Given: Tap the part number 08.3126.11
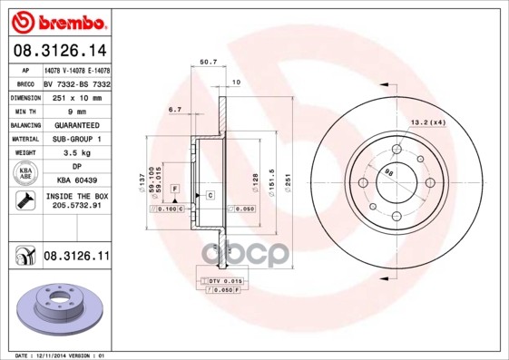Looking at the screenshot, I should [76, 258].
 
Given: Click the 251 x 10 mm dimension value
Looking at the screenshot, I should [76, 96].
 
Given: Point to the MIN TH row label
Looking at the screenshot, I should [24, 111].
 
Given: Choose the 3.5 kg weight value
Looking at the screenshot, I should [76, 153].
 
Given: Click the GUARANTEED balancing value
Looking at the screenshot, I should [76, 124].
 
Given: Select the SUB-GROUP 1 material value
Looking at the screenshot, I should [76, 139].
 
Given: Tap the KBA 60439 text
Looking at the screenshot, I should [76, 181].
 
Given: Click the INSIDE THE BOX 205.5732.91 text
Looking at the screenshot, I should [76, 201].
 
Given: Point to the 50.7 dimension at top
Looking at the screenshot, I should [207, 63].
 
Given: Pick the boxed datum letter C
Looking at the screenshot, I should [210, 195].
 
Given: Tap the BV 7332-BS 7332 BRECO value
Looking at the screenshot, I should [76, 83].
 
